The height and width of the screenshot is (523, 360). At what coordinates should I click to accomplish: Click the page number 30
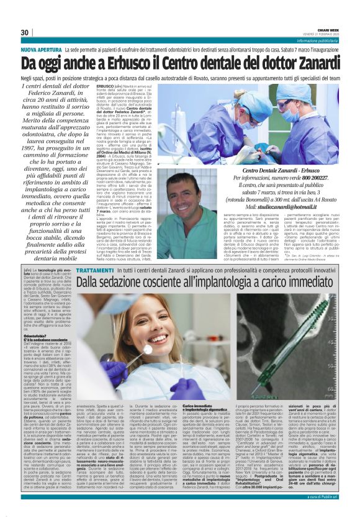(x=25, y=32)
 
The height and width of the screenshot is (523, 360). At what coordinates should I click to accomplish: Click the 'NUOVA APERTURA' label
(x=41, y=48)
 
